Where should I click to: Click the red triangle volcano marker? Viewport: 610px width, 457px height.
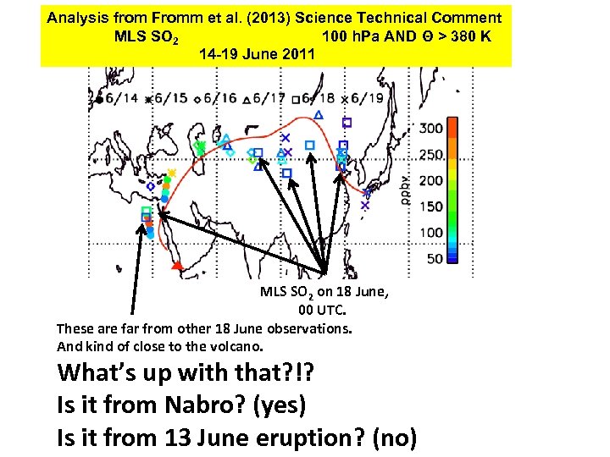[x=176, y=267]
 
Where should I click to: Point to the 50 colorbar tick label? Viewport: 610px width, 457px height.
[x=434, y=258]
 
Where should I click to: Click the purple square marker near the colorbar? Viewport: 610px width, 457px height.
[x=347, y=123]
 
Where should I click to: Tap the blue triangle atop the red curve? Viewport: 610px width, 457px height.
[x=318, y=114]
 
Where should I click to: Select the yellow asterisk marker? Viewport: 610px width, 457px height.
[x=171, y=173]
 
